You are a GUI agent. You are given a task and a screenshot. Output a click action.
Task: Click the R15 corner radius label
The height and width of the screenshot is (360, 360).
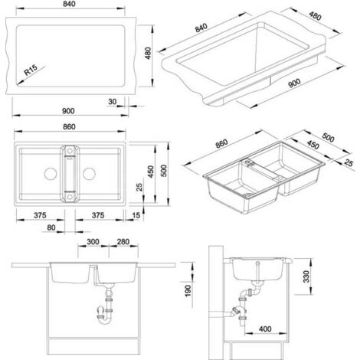point(31,70)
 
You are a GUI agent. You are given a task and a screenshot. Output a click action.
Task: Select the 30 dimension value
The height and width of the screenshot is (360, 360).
point(112,102)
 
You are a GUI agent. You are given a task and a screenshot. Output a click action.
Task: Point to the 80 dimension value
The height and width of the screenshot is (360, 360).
point(51,227)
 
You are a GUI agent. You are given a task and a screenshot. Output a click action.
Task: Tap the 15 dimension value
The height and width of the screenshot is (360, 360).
point(136,215)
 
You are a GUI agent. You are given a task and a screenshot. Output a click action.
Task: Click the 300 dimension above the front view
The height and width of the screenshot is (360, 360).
point(93,241)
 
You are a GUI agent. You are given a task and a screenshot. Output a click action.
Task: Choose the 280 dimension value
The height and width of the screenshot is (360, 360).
point(123,241)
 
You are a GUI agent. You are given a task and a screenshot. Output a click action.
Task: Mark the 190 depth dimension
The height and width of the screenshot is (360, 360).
point(188,291)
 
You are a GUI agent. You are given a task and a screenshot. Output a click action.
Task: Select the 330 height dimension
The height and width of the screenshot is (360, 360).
point(306,277)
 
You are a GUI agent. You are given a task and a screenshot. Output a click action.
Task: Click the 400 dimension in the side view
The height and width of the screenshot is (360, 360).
point(265,329)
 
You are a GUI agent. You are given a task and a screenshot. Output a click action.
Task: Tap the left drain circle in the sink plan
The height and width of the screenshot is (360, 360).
point(51,174)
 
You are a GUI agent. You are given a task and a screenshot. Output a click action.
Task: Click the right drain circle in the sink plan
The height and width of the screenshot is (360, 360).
point(89,174)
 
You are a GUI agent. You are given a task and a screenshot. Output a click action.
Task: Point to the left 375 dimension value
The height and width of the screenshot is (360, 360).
point(40,215)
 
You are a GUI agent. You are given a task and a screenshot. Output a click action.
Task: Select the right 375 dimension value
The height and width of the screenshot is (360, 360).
point(98,215)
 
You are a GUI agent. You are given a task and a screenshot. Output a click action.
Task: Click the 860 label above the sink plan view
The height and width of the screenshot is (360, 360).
point(69,126)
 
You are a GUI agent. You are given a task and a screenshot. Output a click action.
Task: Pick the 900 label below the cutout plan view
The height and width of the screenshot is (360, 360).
point(68,111)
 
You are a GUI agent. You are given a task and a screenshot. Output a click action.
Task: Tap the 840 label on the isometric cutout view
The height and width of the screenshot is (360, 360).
point(201,28)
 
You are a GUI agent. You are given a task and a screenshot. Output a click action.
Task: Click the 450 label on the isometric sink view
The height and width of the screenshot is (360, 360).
point(313,145)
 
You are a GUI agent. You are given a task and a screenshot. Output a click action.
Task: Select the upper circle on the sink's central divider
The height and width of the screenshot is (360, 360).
point(70,152)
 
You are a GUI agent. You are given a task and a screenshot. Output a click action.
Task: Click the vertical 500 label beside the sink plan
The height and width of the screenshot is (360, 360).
point(164,171)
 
